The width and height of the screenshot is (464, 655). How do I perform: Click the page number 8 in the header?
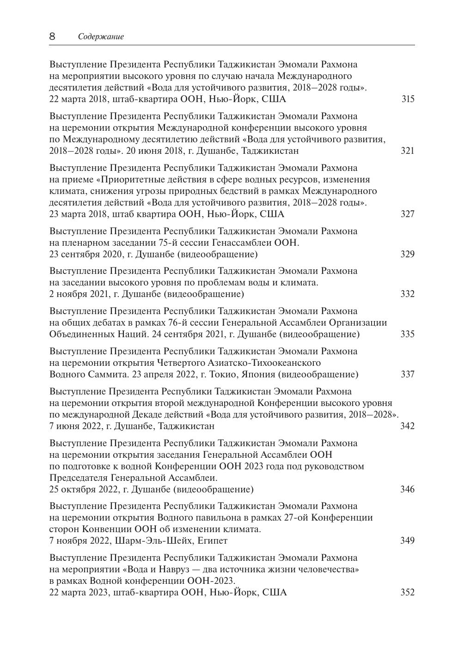tap(52, 36)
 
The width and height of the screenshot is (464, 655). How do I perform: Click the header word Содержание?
tap(101, 37)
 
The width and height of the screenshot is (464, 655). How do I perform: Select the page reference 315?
tap(408, 99)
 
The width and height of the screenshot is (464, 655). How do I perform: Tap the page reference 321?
tap(408, 151)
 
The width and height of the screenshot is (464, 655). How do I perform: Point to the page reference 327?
tap(408, 214)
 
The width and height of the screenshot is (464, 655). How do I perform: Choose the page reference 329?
tap(408, 254)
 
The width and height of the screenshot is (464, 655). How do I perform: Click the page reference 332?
tap(408, 294)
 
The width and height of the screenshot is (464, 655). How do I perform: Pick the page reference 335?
tap(408, 334)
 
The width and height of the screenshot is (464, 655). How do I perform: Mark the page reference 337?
tap(408, 374)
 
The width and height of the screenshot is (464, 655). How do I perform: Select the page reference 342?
tap(407, 426)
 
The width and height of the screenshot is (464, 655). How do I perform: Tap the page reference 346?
tap(408, 489)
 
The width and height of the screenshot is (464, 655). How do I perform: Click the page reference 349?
tap(408, 540)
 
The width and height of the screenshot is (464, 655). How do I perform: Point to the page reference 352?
tap(408, 592)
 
